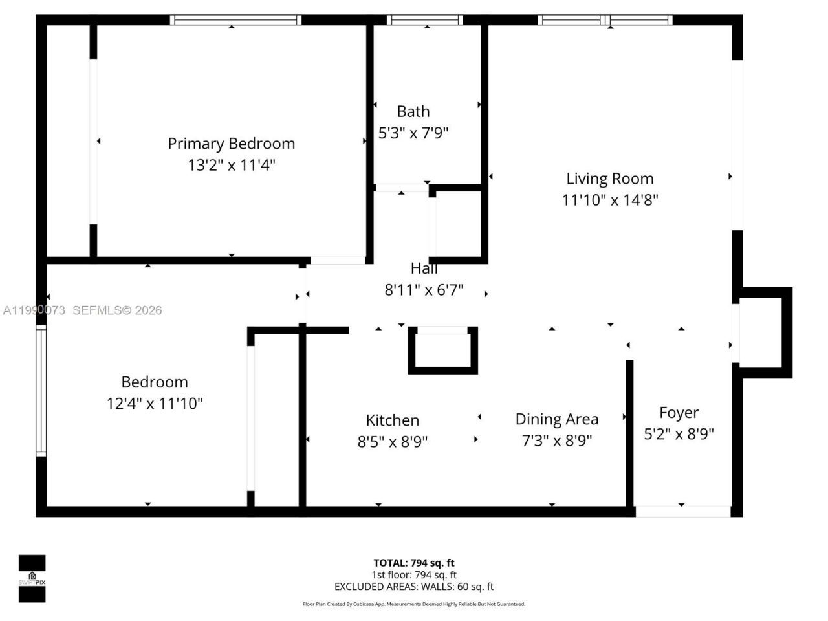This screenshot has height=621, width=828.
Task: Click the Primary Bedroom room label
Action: click(231, 144)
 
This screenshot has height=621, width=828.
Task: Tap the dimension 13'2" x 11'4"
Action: click(231, 165)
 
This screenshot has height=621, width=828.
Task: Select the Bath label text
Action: click(413, 111)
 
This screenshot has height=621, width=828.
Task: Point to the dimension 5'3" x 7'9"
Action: click(413, 133)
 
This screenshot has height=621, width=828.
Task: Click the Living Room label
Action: click(609, 179)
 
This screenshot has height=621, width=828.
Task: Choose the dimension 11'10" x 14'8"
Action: click(609, 200)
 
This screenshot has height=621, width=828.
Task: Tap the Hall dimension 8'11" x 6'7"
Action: click(424, 290)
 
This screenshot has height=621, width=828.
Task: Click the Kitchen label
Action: click(393, 420)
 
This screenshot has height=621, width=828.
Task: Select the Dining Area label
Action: click(556, 419)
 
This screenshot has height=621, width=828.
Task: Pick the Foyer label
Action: click(679, 413)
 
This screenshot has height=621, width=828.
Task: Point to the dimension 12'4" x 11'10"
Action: click(155, 404)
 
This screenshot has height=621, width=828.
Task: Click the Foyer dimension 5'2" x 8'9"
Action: click(679, 434)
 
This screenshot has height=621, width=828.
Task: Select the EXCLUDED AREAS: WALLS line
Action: click(413, 587)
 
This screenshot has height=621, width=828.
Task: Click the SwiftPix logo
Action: click(32, 578)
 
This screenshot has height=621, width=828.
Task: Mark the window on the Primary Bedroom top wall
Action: click(235, 20)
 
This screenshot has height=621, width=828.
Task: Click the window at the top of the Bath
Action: click(424, 20)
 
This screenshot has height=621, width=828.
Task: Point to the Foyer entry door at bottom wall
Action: click(682, 511)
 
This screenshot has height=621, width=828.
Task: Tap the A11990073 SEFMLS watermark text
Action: click(82, 310)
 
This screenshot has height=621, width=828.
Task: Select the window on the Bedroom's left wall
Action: click(41, 390)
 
